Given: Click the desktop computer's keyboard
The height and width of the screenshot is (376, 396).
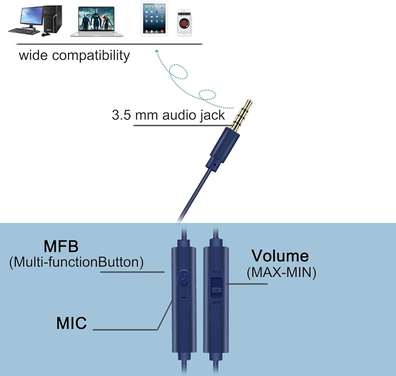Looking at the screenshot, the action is click(x=23, y=31).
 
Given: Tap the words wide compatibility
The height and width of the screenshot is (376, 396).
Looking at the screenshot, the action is click(x=74, y=55).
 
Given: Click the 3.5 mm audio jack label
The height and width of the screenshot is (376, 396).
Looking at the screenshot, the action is click(x=168, y=115).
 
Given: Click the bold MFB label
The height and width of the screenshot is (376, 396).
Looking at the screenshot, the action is click(x=61, y=246).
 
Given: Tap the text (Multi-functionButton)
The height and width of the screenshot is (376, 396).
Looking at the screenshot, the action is click(x=76, y=262).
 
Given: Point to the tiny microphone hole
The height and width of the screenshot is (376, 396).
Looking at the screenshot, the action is click(x=183, y=296).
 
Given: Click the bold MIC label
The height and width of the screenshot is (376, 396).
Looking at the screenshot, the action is click(x=71, y=323).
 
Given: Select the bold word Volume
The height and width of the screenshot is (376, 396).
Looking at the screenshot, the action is click(x=280, y=256).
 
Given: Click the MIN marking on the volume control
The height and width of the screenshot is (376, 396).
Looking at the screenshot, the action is click(x=216, y=303).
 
